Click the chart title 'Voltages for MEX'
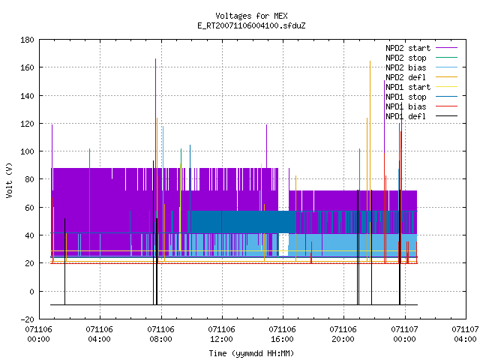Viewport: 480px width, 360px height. click(251, 16)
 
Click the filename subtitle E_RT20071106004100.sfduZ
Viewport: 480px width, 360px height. click(251, 25)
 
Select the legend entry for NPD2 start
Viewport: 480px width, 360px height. click(408, 48)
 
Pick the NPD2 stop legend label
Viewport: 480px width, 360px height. click(406, 58)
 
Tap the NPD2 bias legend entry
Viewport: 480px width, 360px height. click(406, 67)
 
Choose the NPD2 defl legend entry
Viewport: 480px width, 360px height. click(406, 77)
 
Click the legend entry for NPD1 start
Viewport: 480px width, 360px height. click(408, 87)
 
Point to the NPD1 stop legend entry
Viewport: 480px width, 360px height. click(406, 97)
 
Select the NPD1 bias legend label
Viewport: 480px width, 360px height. click(406, 106)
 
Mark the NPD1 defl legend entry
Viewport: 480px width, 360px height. click(406, 117)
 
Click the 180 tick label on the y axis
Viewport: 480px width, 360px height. click(27, 40)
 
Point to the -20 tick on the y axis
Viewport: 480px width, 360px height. click(27, 319)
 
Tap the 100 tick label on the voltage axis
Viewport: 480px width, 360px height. click(27, 151)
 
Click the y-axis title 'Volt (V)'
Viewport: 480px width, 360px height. click(9, 180)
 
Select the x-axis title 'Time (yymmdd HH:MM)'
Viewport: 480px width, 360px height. click(251, 353)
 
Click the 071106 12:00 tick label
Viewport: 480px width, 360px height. click(221, 334)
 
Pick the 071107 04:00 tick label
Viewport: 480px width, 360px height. click(465, 334)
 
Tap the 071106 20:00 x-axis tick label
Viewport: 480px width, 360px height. click(343, 334)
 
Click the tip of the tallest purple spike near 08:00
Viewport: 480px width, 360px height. click(155, 58)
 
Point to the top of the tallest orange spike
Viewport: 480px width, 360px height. click(370, 61)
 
